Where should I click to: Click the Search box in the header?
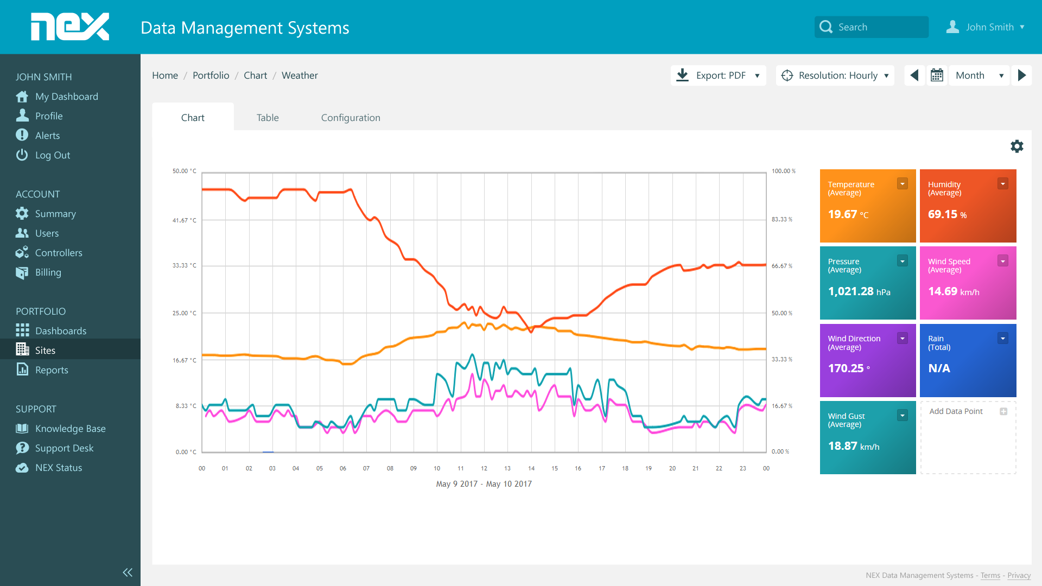871,27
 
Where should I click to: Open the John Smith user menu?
985,27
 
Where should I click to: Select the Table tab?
268,118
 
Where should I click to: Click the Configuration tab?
351,118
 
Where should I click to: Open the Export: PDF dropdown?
718,75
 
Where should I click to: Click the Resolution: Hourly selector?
835,75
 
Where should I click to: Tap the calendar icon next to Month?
937,75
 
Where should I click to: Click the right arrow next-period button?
1021,75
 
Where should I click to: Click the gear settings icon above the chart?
1016,146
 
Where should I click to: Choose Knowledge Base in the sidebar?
70,429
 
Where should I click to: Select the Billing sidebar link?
48,272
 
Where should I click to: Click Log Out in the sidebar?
52,155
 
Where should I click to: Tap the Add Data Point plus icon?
1003,411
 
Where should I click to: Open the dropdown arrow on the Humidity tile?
1003,184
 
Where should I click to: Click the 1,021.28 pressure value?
850,291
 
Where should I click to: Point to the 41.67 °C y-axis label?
185,220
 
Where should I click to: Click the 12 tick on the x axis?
484,468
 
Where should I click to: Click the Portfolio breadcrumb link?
211,75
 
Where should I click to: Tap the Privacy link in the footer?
1019,575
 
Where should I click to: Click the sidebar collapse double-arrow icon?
128,572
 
